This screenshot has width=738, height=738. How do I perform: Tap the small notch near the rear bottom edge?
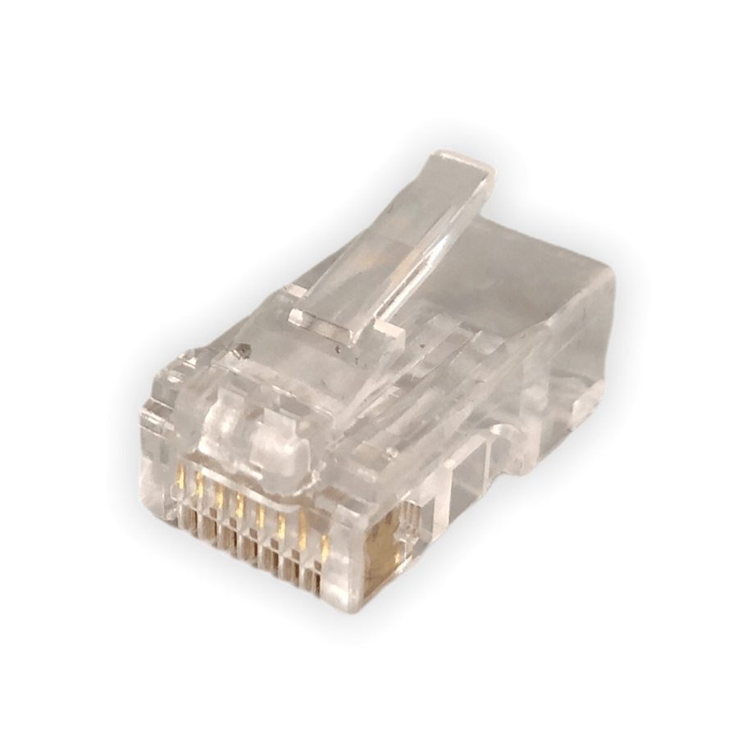[587, 402]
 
